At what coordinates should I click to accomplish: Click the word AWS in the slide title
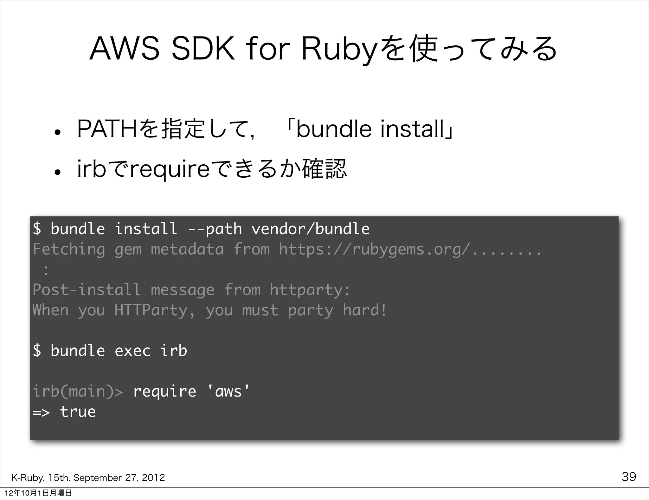click(x=124, y=49)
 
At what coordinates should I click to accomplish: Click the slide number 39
click(x=629, y=477)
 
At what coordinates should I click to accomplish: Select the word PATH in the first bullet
click(x=106, y=129)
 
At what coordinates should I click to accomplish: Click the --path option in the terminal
click(x=215, y=229)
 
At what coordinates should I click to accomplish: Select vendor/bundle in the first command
click(x=310, y=229)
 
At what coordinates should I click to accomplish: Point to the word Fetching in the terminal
click(x=69, y=249)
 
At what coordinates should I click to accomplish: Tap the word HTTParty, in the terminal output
click(x=155, y=310)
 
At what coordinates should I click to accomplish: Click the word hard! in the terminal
click(x=364, y=310)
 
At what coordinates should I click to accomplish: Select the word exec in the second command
click(x=132, y=351)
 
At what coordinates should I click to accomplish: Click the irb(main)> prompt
click(x=78, y=391)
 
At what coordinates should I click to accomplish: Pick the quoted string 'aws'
click(x=228, y=391)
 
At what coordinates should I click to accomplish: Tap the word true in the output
click(x=78, y=412)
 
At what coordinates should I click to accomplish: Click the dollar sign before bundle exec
click(x=37, y=351)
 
